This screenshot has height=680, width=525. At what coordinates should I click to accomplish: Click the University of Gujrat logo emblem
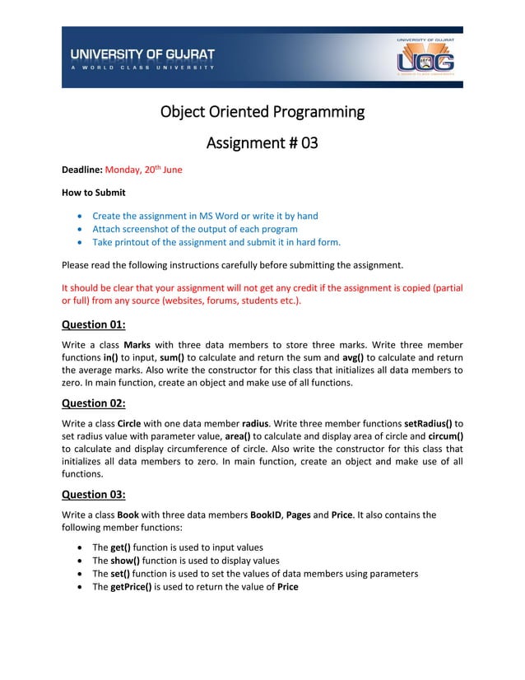pos(425,58)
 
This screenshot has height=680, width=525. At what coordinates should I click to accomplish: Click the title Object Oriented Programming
pos(262,111)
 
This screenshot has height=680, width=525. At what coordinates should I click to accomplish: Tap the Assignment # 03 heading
pos(262,143)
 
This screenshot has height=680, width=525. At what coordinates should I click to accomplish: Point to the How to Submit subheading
pos(94,193)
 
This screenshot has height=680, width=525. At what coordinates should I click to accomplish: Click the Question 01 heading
pos(94,324)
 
